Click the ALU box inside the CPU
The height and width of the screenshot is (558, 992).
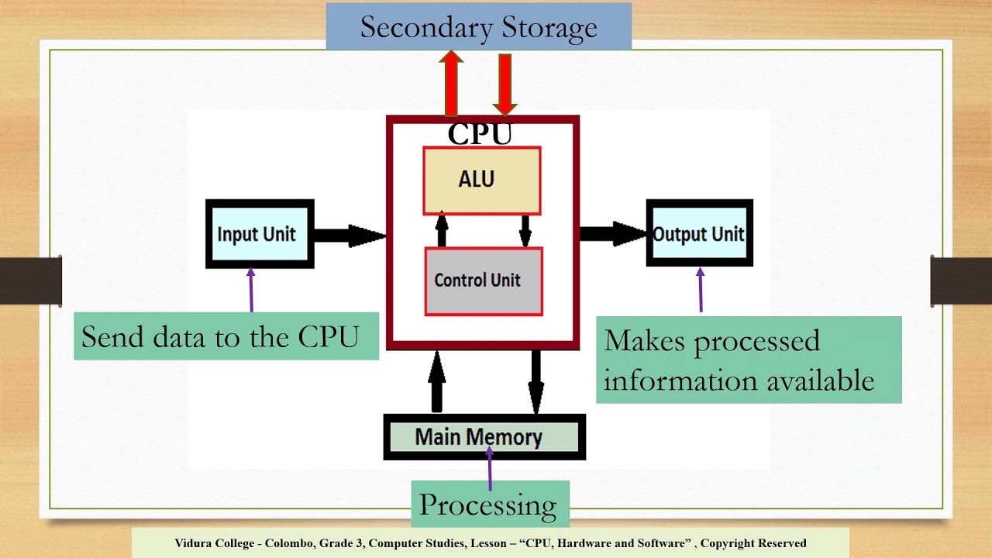coord(481,180)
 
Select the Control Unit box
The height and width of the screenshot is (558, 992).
coord(483,281)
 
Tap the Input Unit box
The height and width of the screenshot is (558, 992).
coord(260,234)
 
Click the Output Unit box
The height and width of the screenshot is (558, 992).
coord(699,234)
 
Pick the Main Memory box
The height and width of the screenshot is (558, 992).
coord(484,437)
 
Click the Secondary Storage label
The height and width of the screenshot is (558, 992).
coord(478,27)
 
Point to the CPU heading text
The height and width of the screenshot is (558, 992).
coord(480,134)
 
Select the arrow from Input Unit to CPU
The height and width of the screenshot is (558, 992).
coord(349,236)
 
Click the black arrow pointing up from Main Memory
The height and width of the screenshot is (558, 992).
coord(437,381)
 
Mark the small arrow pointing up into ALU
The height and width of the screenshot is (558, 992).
coord(442,229)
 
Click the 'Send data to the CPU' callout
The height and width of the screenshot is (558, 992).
coord(226,337)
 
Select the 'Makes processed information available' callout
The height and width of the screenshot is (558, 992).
coord(748,360)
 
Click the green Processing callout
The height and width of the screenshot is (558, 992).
coord(489,505)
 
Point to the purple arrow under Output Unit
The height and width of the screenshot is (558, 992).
coord(701,290)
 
